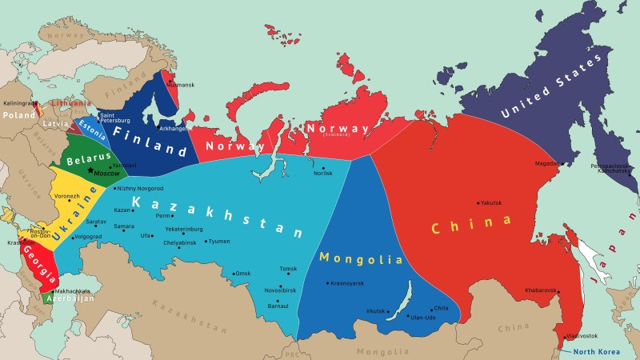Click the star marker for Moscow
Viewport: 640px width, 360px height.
[x=90, y=172]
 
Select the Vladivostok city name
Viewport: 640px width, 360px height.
[x=581, y=335]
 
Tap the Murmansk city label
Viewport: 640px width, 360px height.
[x=182, y=84]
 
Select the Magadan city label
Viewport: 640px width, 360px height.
[x=547, y=163]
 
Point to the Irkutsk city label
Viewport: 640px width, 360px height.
[x=375, y=310]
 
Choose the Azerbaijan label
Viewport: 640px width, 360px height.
[x=70, y=298]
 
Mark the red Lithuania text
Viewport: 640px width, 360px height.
[x=70, y=103]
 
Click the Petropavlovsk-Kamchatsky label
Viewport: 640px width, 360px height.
[x=612, y=169]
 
